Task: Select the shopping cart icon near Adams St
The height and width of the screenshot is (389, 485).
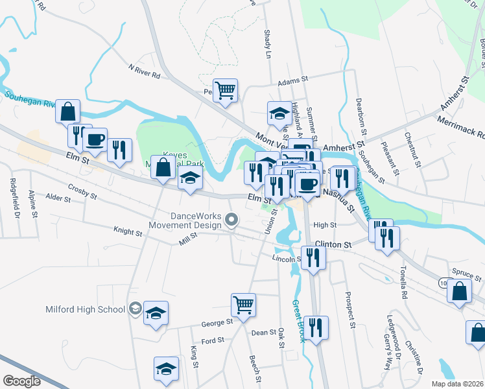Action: point(226,91)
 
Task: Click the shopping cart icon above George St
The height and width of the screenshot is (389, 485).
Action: point(243,303)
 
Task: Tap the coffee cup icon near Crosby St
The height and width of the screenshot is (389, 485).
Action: point(95,140)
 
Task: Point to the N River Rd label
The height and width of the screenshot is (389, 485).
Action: point(144,71)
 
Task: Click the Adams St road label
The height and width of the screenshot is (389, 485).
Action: point(293,82)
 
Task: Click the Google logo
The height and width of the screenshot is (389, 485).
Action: point(22,381)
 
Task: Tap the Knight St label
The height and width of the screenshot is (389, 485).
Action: point(128,231)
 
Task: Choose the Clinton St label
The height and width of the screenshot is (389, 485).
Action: point(333,245)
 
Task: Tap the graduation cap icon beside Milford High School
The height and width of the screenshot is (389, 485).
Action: point(156,314)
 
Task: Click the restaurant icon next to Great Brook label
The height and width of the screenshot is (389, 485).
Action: point(318,327)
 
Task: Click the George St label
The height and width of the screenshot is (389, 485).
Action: point(217,322)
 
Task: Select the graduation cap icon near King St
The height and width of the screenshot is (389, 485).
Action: point(166,370)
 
